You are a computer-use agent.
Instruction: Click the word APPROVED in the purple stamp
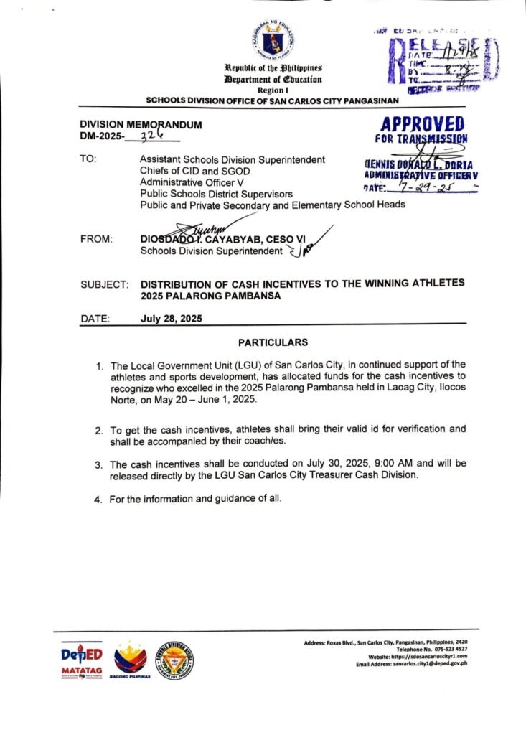point(422,123)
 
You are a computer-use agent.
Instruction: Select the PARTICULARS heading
point(273,342)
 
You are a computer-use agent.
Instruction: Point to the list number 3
point(99,464)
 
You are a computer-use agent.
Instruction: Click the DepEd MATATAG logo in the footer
point(82,659)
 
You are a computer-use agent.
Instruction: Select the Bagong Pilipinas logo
point(131,660)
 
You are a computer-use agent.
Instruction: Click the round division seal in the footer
point(175,659)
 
